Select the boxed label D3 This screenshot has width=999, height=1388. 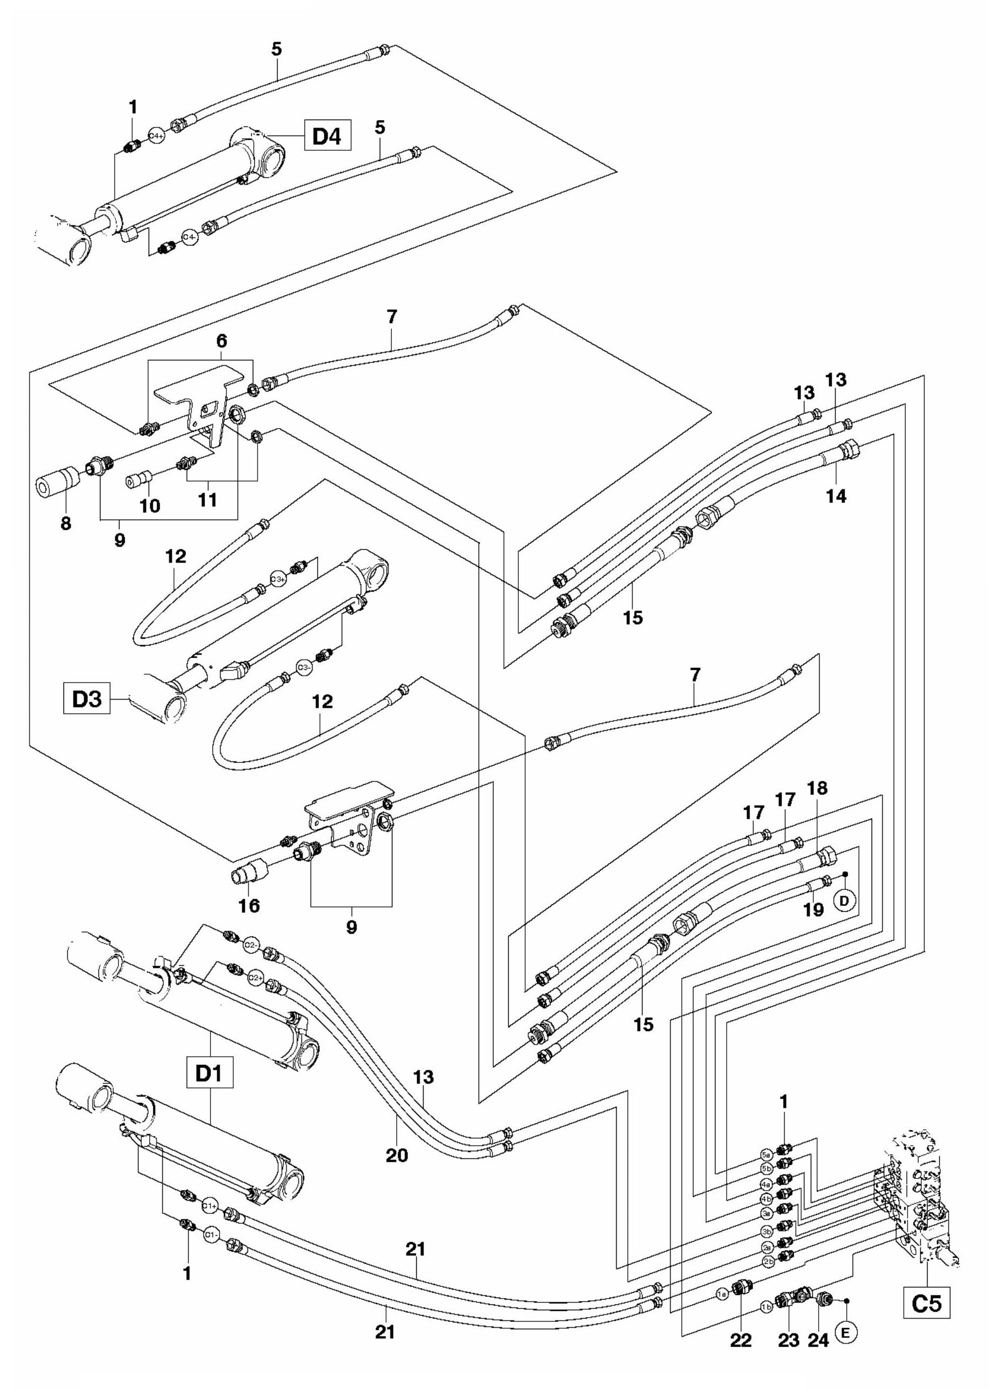(x=87, y=700)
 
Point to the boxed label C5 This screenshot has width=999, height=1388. (x=926, y=1302)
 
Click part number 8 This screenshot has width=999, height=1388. (x=66, y=523)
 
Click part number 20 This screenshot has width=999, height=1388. (x=397, y=1138)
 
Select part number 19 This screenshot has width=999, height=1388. (x=813, y=910)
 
